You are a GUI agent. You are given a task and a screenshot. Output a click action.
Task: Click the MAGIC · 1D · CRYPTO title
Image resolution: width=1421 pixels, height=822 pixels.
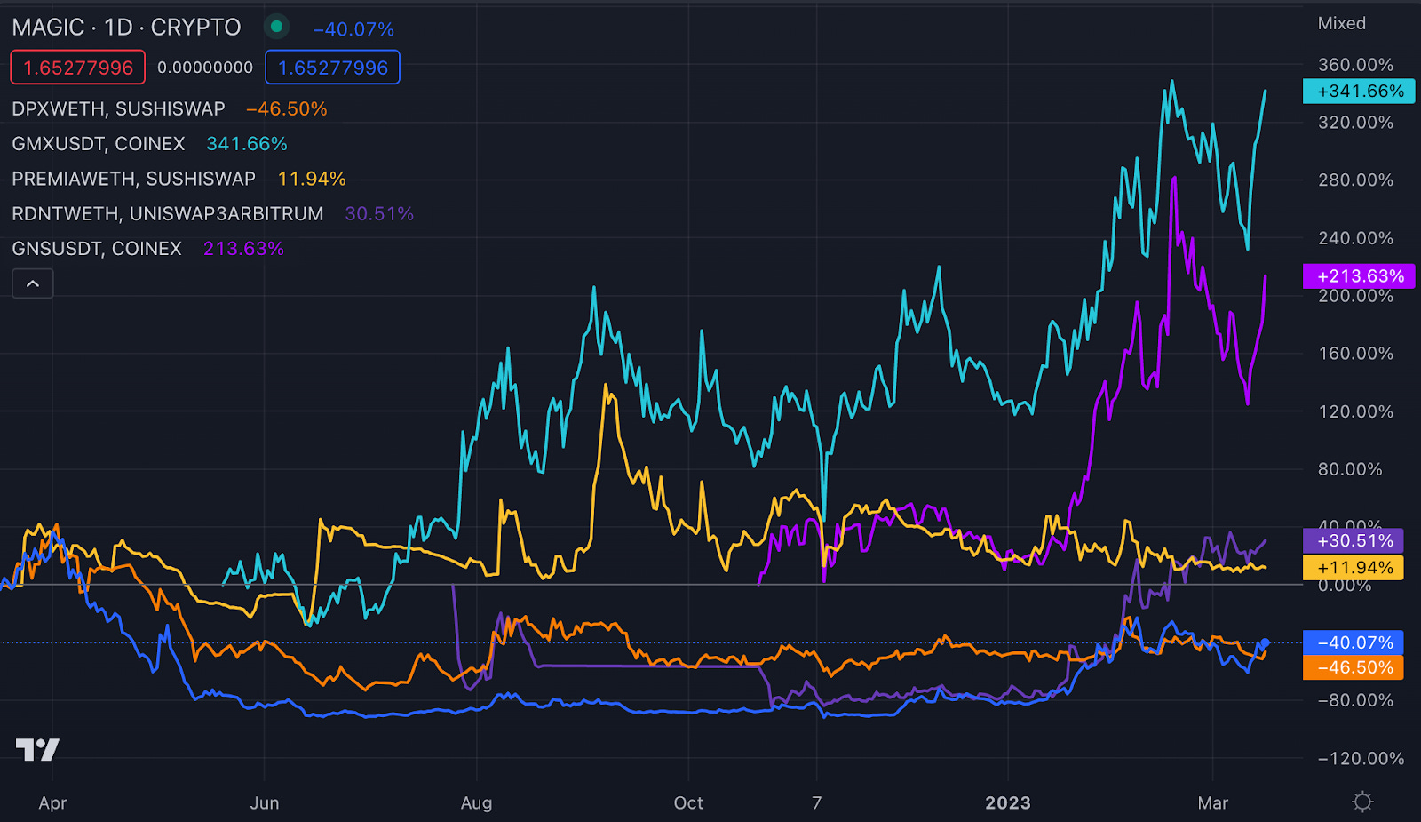126,28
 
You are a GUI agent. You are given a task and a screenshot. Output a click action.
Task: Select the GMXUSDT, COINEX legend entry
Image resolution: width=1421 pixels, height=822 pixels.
99,144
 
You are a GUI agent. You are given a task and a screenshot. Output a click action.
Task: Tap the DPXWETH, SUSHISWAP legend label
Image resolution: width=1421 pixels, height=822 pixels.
118,109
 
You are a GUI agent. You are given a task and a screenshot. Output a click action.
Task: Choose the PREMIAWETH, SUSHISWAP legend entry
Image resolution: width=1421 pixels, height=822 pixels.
133,179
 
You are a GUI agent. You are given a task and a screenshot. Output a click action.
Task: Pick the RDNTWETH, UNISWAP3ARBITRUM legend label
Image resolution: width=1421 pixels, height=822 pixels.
167,214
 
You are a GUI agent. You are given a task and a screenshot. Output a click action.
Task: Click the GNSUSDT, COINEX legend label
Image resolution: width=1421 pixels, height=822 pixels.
97,249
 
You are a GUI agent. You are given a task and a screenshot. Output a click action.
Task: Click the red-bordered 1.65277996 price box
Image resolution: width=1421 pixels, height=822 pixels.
78,68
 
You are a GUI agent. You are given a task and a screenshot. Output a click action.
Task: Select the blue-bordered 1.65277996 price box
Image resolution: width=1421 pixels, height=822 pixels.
333,68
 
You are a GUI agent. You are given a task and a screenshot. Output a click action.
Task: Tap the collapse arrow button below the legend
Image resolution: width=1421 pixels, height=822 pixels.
33,284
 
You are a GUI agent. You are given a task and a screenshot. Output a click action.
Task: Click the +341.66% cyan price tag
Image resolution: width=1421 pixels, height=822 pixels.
1359,92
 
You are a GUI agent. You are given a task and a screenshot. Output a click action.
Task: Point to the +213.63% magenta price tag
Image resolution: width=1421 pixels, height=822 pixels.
1359,276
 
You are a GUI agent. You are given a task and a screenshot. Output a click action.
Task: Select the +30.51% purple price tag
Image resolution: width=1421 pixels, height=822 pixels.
1354,540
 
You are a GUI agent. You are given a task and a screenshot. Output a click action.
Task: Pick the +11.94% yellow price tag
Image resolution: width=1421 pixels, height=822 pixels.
1354,568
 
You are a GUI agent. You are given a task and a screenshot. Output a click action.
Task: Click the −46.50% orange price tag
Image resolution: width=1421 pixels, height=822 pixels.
1354,667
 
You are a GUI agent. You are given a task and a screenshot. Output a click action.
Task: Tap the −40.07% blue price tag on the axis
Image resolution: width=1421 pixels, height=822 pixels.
1354,642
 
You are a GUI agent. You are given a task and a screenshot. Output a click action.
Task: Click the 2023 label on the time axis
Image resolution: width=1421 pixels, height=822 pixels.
1008,803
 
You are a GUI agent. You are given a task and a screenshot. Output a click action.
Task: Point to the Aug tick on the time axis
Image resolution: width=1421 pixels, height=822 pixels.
476,803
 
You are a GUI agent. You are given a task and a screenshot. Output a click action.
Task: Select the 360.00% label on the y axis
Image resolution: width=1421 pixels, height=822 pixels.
1355,65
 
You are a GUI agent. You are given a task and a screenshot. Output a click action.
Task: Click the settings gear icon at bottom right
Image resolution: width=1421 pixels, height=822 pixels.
1362,802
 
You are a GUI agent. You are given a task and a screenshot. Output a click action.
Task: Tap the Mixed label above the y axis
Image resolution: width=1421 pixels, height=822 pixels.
1341,24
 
